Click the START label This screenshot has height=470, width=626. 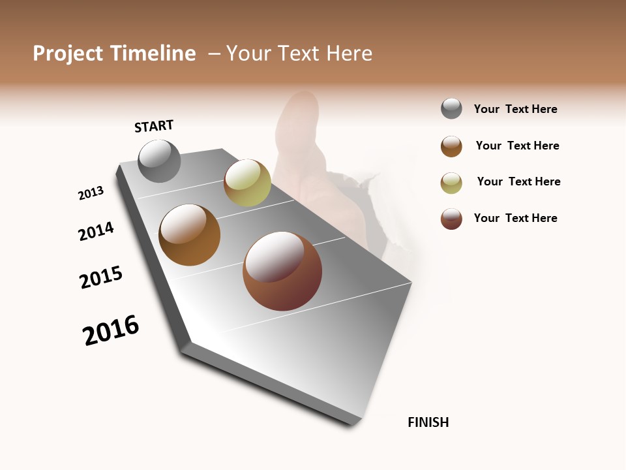(154, 126)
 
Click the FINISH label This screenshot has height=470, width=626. (428, 422)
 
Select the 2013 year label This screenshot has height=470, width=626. (91, 193)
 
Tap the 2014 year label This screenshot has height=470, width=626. (96, 231)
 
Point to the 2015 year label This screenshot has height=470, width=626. (101, 277)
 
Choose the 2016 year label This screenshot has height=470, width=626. (111, 330)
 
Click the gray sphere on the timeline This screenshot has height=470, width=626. (159, 161)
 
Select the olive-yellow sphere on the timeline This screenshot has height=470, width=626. (247, 182)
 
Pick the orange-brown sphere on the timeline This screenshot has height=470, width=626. (189, 234)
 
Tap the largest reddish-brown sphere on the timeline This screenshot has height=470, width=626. (282, 271)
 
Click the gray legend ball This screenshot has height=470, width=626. (451, 108)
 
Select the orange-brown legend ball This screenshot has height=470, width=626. (451, 146)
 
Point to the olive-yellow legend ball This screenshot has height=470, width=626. (451, 183)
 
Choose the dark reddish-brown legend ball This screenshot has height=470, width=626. (451, 219)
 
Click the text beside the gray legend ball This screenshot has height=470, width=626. (515, 109)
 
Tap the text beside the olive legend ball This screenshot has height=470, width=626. (518, 181)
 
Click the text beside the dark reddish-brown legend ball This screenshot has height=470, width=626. (515, 218)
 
